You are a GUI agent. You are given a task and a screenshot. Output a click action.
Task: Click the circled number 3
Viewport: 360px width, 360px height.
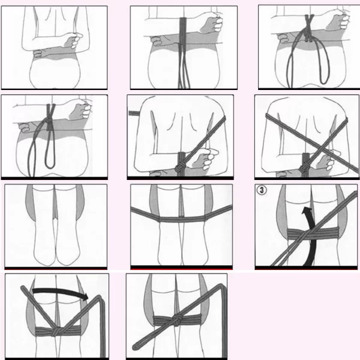pos(262,190)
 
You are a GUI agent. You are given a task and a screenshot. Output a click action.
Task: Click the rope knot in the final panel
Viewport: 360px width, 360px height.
pos(177,320)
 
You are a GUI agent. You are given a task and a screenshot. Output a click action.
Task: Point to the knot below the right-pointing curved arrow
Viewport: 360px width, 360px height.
pos(56,331)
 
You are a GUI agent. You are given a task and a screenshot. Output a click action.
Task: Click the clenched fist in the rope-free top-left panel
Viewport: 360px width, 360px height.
pos(73,41)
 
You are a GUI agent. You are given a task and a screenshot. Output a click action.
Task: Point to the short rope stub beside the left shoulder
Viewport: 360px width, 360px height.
pos(134,113)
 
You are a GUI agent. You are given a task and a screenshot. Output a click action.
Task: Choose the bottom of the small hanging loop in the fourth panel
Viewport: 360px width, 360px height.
pos(50,166)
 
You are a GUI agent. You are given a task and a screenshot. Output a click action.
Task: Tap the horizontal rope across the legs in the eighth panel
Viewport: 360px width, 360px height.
pos(181,218)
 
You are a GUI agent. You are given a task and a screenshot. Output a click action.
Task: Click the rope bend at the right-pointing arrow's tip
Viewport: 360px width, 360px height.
pos(100,298)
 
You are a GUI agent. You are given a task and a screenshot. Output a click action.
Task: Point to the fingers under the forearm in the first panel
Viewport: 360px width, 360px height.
pos(38,54)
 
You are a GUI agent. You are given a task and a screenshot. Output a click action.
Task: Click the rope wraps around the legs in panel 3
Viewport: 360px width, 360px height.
pos(313,233)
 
